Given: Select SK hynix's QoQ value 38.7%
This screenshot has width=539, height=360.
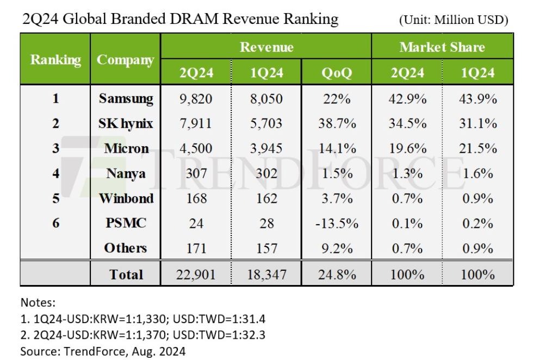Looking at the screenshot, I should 337,123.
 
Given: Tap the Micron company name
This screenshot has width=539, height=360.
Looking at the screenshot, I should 126,148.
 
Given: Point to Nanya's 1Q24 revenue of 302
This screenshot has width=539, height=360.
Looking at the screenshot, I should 267,173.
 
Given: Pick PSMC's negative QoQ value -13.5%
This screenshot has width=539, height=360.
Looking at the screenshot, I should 337,223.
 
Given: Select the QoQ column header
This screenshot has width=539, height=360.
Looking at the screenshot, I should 337,73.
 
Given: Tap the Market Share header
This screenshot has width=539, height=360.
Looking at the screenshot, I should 442,47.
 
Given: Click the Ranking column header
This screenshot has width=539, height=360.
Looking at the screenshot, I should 55,59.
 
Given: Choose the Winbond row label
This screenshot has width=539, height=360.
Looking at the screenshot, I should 126,198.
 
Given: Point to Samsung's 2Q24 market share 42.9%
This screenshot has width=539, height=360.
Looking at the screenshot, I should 407,98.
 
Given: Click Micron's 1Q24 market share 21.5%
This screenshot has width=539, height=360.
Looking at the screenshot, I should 478,148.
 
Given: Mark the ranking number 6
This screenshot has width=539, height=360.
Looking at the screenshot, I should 55,223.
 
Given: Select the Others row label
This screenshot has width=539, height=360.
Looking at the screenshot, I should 126,248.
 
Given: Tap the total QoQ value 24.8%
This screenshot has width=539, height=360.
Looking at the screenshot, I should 337,274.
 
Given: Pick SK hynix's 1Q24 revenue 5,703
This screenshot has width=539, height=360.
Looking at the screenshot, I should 267,123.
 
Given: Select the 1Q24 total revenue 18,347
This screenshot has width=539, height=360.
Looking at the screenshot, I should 267,274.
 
